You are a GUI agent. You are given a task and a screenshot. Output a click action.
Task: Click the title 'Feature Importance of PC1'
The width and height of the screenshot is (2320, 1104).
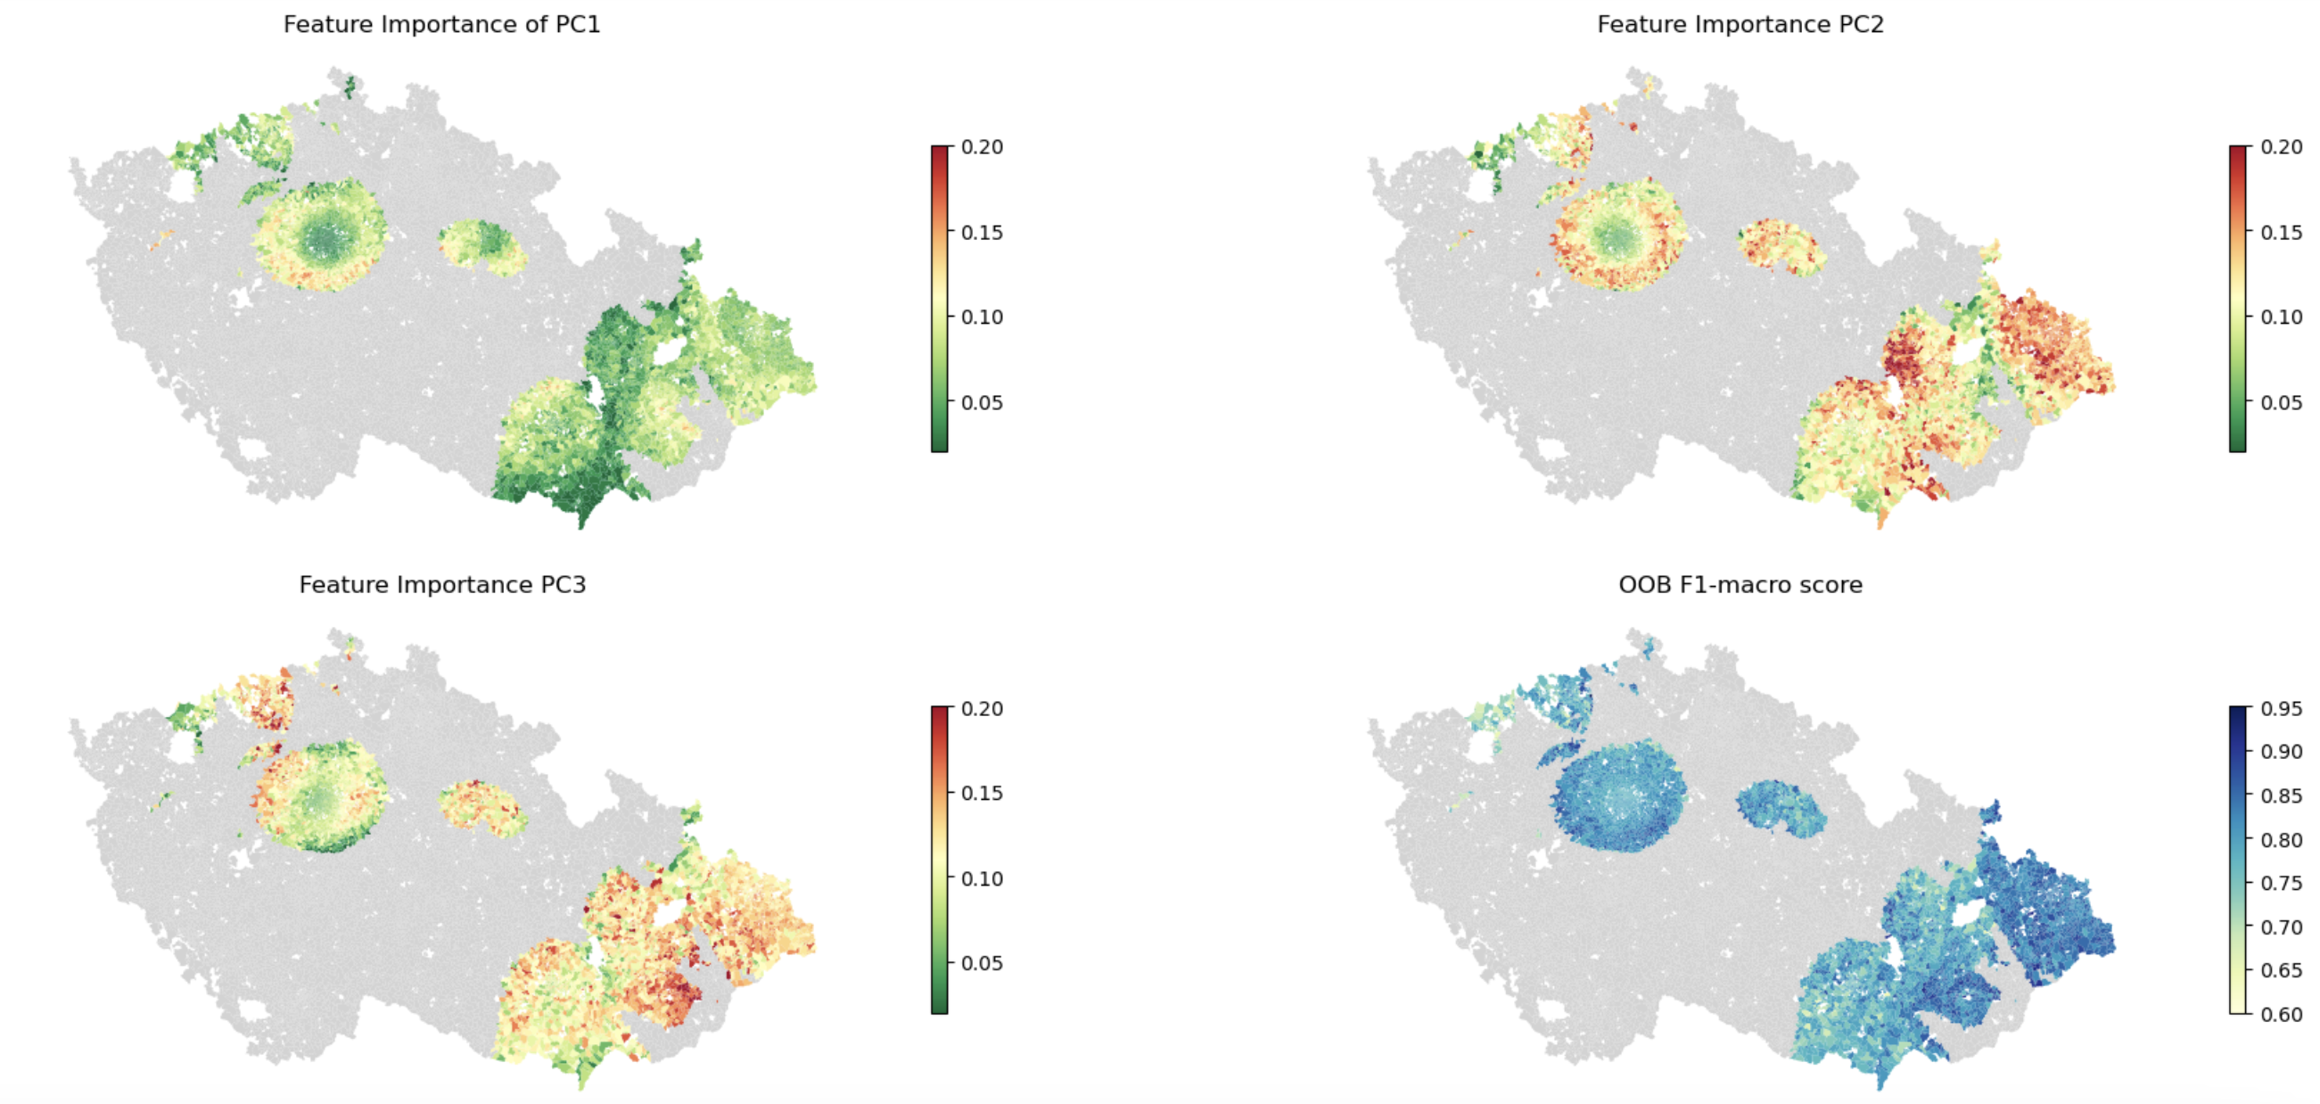click(x=441, y=24)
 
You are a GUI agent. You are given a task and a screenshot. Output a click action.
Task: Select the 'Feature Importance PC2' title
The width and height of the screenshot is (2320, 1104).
click(x=1740, y=24)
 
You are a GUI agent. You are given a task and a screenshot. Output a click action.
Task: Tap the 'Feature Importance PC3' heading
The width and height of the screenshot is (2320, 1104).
click(x=442, y=584)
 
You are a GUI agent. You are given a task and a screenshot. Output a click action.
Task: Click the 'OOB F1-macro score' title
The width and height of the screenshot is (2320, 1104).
click(x=1740, y=584)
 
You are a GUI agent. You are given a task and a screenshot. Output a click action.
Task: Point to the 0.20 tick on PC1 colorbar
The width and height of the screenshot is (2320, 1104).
click(x=981, y=147)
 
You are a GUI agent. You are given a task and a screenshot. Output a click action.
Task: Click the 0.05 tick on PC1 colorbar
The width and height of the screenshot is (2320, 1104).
click(x=981, y=402)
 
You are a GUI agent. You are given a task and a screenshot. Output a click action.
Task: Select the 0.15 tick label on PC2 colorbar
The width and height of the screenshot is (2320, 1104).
click(x=2281, y=233)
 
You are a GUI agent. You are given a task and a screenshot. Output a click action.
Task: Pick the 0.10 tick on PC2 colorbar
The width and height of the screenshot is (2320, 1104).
click(x=2281, y=317)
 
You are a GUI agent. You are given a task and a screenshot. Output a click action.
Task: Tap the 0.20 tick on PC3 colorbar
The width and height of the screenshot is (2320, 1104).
click(x=981, y=709)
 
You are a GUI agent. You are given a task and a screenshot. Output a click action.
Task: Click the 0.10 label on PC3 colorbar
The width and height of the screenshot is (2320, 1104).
click(x=981, y=878)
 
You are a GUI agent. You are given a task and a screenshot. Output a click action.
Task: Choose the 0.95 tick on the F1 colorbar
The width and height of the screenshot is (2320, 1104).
click(x=2281, y=709)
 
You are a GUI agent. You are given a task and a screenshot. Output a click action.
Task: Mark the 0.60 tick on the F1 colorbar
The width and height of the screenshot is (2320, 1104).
click(x=2281, y=1014)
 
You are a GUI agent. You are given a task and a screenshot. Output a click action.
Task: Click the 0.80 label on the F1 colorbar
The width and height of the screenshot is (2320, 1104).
click(x=2281, y=839)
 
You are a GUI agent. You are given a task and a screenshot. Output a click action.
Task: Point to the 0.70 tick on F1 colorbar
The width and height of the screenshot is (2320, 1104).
click(x=2281, y=927)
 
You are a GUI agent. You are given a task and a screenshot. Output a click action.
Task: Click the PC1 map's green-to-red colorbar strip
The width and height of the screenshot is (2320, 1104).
click(x=940, y=298)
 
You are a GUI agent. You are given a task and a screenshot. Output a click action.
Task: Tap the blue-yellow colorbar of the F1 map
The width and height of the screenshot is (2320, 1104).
click(x=2238, y=860)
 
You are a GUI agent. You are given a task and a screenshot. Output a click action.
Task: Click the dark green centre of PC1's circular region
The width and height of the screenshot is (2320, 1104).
click(x=322, y=238)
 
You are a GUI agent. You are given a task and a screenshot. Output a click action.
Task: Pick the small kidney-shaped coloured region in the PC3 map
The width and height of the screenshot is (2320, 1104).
click(x=481, y=807)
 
